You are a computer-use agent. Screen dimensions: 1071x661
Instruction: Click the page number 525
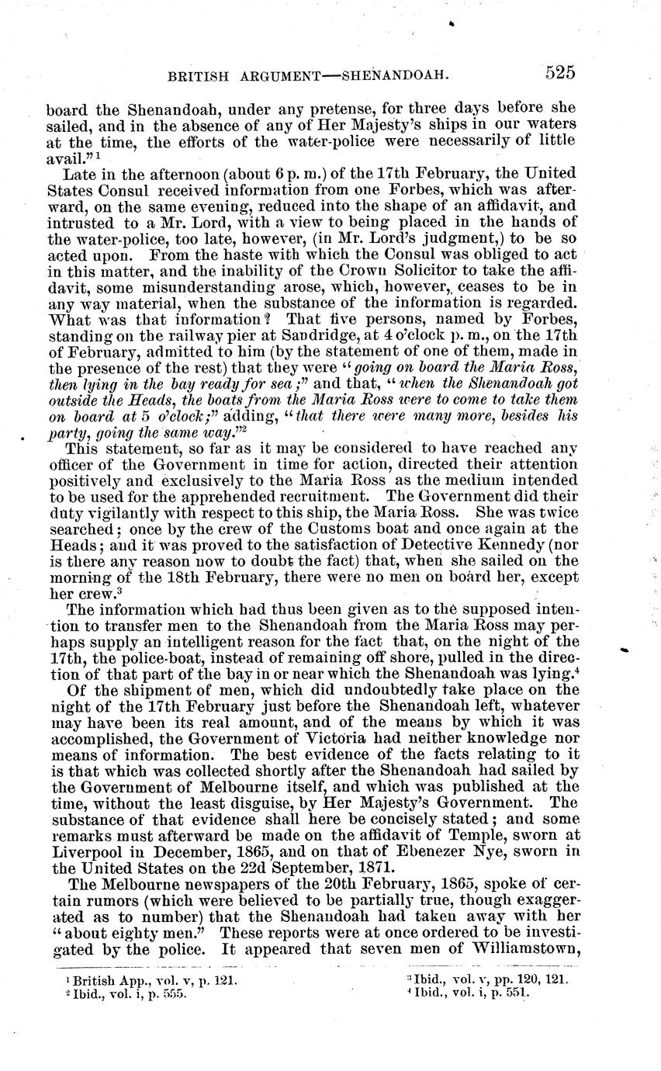click(x=559, y=73)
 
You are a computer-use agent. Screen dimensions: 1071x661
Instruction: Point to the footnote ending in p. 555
click(x=127, y=993)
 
